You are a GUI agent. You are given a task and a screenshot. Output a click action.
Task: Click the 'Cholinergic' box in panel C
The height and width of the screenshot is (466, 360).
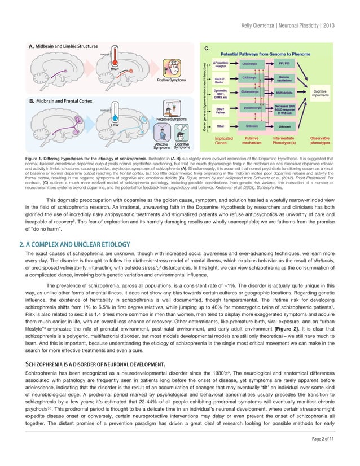tap(249, 65)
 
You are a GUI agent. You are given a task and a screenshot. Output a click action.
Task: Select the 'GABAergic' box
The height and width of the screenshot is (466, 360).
tap(249, 78)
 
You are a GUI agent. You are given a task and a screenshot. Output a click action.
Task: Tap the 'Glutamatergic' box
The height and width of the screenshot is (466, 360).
tap(249, 91)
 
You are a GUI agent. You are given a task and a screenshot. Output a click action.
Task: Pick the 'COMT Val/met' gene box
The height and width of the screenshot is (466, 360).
tap(221, 110)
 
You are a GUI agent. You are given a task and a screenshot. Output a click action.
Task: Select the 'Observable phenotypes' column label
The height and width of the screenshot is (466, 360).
tap(321, 140)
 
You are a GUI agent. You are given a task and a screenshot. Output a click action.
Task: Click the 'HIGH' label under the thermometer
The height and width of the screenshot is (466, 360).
tap(115, 68)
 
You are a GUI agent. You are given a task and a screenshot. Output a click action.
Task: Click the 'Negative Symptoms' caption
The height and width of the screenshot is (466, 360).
tap(156, 120)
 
